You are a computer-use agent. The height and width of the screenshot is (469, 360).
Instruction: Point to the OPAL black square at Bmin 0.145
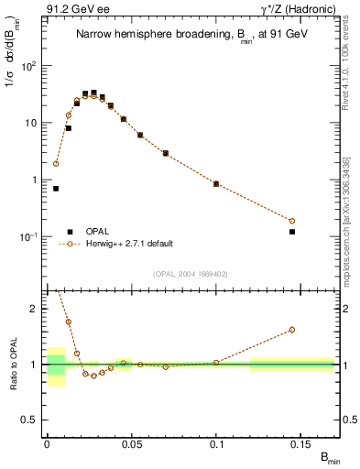click(x=292, y=232)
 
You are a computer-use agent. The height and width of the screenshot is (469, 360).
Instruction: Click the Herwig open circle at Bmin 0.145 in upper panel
click(x=292, y=221)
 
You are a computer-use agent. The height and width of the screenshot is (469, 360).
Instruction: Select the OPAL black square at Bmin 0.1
click(x=216, y=184)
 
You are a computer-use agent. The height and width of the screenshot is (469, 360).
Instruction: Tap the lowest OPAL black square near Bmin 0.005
click(x=56, y=189)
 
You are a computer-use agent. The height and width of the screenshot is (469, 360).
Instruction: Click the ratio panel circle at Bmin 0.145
click(x=292, y=330)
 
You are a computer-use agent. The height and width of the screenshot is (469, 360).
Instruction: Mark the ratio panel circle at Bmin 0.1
click(x=216, y=363)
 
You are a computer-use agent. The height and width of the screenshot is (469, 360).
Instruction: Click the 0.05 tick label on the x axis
click(x=132, y=443)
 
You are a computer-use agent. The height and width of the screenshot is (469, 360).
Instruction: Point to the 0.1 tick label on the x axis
click(x=216, y=443)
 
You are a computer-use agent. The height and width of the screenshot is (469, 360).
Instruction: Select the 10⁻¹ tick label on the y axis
click(x=28, y=236)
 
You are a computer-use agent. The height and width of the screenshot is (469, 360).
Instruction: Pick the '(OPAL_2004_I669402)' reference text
click(x=191, y=274)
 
